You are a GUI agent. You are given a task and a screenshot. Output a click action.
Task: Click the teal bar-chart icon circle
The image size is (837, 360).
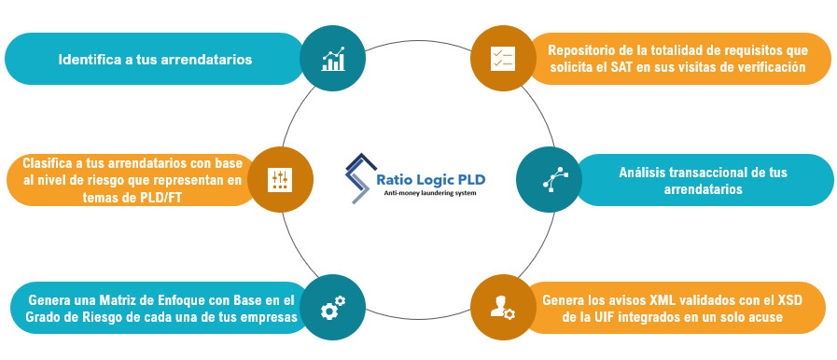(333, 59)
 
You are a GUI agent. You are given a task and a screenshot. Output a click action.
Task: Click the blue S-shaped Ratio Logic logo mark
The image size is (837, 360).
(358, 177)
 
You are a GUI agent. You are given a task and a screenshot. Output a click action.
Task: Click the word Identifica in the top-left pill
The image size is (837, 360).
(91, 59)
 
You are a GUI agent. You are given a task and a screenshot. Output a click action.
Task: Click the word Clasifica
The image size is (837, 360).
(53, 161)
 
